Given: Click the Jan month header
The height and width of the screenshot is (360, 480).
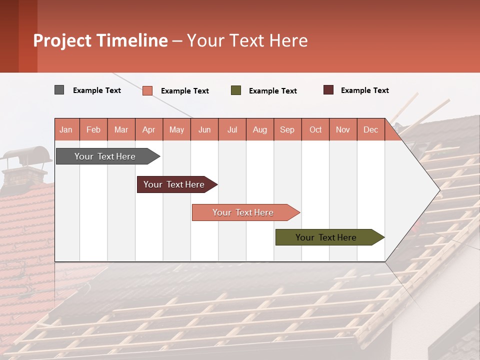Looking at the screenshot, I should point(66,129).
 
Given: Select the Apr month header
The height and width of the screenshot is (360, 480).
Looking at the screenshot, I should point(149,129).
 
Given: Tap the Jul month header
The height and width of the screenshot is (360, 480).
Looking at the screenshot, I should point(232,129).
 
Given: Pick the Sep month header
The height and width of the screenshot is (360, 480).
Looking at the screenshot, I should point(287,129).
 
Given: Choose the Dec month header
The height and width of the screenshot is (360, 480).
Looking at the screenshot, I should point(370,129).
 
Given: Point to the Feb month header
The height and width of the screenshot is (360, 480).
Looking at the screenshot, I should point(93,129).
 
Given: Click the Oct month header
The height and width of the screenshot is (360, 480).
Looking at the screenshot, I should point(315,129).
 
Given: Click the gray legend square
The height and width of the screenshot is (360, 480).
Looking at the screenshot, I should point(59,90).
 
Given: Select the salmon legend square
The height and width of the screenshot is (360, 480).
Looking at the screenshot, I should point(147,90).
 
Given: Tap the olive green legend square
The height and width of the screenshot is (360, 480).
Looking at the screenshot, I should point(235,90).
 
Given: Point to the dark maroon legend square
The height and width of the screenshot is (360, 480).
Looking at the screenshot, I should point(328,90).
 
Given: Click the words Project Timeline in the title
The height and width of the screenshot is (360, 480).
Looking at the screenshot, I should point(100,40).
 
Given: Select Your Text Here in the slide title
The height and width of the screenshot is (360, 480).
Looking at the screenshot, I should point(247,40).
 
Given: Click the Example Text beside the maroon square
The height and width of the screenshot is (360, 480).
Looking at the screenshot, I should point(364,90).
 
